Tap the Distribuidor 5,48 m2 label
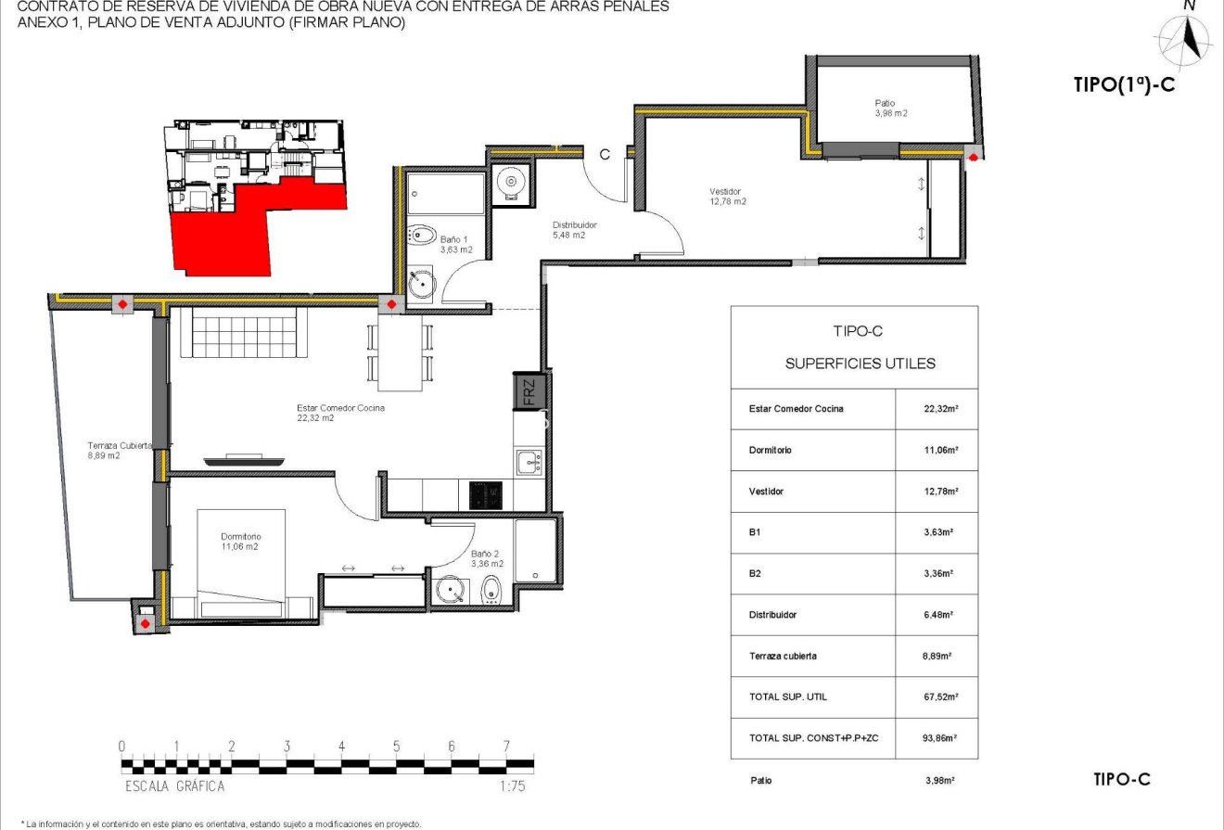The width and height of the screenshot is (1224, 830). pos(574,229)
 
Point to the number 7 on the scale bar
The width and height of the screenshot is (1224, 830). pos(506,747)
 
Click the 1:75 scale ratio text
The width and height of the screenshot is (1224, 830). pos(506,785)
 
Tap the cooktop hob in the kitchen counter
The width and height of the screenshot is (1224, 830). pos(486,494)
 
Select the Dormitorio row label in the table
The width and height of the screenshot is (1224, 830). pos(771,450)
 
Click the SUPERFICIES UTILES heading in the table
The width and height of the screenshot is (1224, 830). pos(860,364)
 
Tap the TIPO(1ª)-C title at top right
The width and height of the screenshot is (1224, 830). pos(1124,84)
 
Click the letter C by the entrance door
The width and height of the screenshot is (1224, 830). pos(604,155)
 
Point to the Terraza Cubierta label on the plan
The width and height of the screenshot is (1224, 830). pos(115,450)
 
